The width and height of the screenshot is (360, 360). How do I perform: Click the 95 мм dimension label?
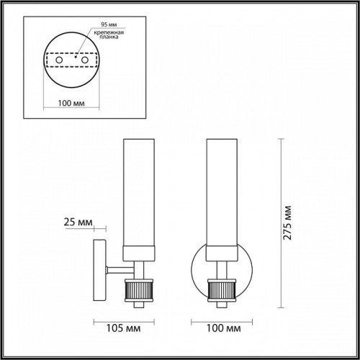tap(109, 24)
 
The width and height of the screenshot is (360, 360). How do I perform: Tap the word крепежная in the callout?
tap(109, 32)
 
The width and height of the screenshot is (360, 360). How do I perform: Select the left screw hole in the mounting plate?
tap(59, 60)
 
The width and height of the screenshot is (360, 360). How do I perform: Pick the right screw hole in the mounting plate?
tap(85, 60)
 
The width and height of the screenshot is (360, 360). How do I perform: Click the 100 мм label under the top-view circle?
tap(71, 103)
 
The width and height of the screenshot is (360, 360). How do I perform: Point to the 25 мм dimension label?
tap(78, 222)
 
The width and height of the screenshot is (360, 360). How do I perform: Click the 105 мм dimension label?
tap(123, 328)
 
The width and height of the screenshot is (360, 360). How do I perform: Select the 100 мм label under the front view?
tap(224, 328)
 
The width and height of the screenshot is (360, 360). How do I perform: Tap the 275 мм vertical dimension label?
tap(287, 222)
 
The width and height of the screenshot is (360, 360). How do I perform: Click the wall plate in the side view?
tap(99, 270)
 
